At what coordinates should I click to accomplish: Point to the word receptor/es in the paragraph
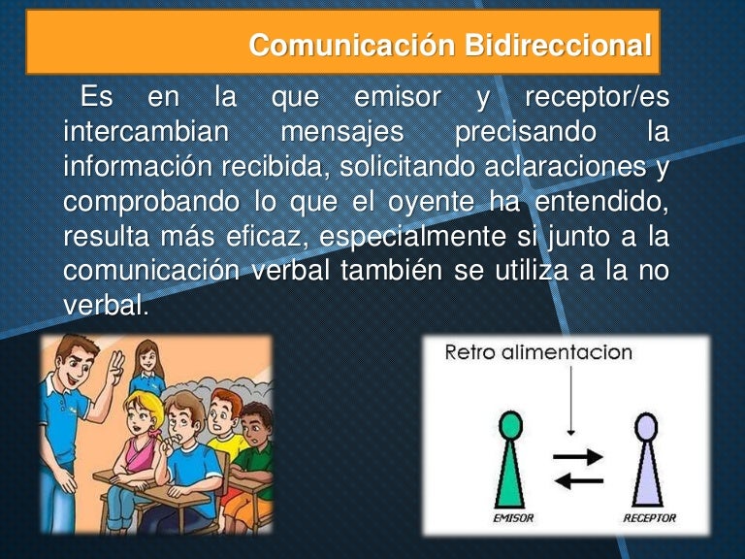point(596,97)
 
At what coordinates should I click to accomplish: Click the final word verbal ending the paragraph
point(106,305)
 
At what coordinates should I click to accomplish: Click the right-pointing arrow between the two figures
point(579,455)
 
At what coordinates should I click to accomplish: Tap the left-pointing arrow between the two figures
point(579,479)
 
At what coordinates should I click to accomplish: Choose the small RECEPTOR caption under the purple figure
point(647,517)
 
